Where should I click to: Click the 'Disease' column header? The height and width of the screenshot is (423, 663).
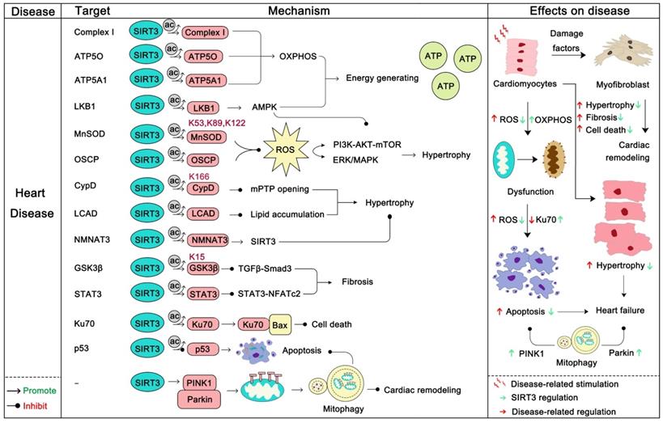[x=31, y=12]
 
